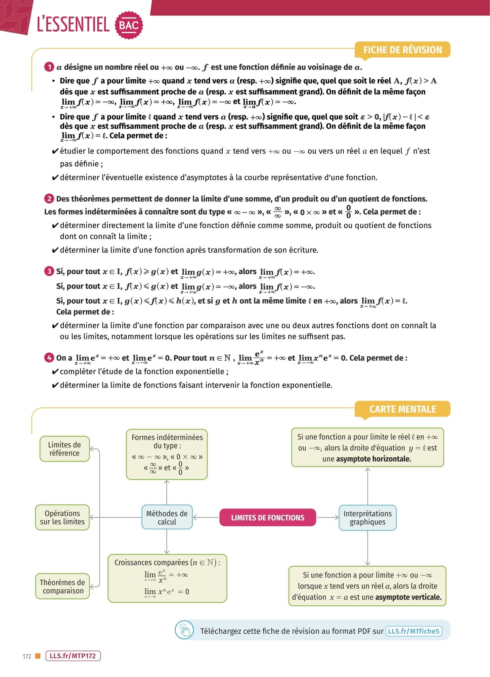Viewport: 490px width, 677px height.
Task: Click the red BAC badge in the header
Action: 129,25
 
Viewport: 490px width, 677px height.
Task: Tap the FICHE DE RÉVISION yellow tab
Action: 402,50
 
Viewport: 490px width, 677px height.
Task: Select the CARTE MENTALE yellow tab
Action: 402,409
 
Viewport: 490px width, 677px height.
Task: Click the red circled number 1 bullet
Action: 49,67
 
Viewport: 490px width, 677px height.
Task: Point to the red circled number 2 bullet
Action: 49,199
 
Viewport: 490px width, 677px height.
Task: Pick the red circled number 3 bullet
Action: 49,271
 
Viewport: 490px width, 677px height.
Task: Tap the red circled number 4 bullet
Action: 49,358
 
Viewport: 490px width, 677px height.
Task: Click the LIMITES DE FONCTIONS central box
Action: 267,518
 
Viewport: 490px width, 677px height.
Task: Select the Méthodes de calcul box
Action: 167,518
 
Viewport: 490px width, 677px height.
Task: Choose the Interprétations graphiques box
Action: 367,518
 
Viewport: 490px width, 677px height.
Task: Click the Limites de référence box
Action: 65,449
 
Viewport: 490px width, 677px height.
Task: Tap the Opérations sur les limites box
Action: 62,518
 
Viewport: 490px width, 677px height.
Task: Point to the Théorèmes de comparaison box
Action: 63,586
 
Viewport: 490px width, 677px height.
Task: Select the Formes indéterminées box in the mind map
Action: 167,455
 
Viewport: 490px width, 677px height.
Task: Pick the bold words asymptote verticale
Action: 408,597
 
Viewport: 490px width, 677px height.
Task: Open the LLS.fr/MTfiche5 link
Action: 414,631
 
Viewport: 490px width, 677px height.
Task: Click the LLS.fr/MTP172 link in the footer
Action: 72,656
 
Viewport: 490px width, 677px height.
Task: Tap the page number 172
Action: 27,657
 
